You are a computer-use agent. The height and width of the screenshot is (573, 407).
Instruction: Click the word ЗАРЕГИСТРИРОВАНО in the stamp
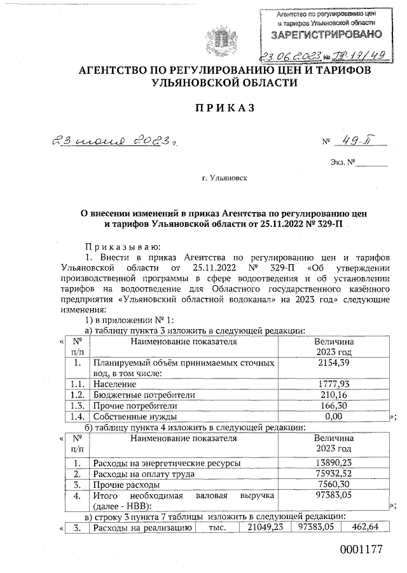pyautogui.click(x=328, y=32)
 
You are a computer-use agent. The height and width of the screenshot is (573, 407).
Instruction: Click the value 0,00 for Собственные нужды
pyautogui.click(x=333, y=416)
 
